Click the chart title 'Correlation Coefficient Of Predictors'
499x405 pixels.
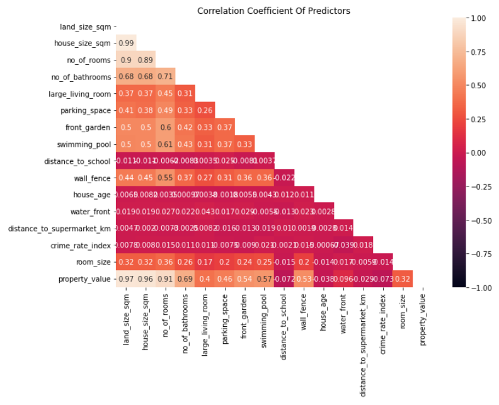[x=273, y=11]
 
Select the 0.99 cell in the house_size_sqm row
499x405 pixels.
[x=126, y=43]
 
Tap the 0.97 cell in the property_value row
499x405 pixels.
[x=126, y=278]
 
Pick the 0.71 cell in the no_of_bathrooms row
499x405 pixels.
[x=165, y=77]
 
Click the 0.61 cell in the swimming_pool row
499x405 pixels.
[x=165, y=144]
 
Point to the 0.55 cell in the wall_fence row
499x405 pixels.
[x=165, y=178]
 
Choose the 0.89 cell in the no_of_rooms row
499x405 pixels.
[x=146, y=60]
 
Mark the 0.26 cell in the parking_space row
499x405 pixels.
[x=204, y=110]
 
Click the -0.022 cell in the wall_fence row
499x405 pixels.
[x=283, y=178]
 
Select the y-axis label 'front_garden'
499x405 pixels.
[x=89, y=127]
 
